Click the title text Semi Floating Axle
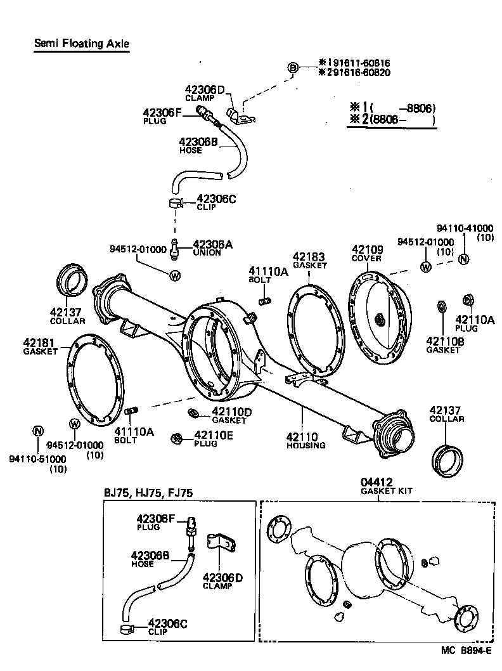pyautogui.click(x=81, y=44)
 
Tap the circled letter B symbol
pyautogui.click(x=293, y=68)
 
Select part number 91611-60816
pyautogui.click(x=358, y=63)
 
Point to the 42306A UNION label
pyautogui.click(x=207, y=247)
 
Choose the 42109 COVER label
pyautogui.click(x=368, y=254)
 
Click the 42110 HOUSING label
pyautogui.click(x=306, y=440)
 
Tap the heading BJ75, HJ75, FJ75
pyautogui.click(x=148, y=493)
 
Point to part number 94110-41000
pyautogui.click(x=466, y=228)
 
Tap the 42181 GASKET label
pyautogui.click(x=40, y=347)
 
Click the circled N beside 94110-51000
pyautogui.click(x=37, y=432)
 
